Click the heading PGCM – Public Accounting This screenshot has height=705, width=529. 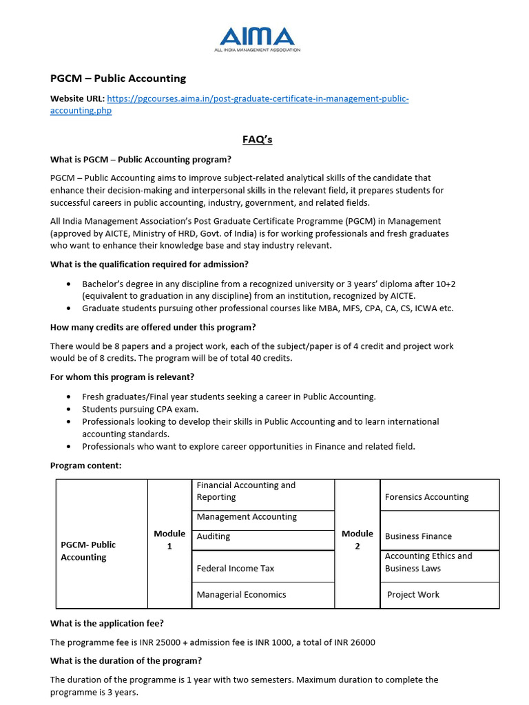[118, 78]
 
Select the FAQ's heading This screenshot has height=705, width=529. [257, 139]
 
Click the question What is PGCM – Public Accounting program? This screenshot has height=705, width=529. [141, 160]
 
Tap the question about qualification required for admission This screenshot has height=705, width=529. [149, 264]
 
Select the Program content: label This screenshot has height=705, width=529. [85, 465]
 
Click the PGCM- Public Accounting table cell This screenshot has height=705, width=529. [88, 551]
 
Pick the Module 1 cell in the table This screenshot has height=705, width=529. [169, 540]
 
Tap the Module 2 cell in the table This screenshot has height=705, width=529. [357, 540]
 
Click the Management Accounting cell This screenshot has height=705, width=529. [247, 517]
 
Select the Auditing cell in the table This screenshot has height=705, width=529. [214, 536]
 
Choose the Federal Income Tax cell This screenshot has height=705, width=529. [235, 569]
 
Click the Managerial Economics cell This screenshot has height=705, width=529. [241, 595]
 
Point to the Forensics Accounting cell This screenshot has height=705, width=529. [426, 497]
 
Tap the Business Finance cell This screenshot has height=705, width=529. [418, 536]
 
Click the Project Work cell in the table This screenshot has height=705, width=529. [413, 595]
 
